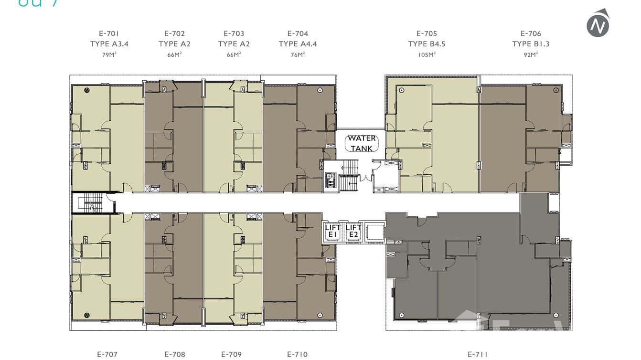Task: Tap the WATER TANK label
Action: pos(362,143)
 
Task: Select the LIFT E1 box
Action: pos(332,231)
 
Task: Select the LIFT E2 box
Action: pos(353,231)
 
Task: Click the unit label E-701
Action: pos(109,33)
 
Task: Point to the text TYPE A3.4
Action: pos(109,44)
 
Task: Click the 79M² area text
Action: pos(109,54)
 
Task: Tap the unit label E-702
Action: pos(174,33)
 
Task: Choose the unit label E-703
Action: pos(234,33)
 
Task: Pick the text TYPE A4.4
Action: pos(298,44)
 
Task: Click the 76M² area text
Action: pos(298,54)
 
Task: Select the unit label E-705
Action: pos(427,33)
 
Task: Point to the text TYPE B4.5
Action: pos(427,44)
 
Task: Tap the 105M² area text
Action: pos(427,54)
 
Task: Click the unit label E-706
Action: pos(531,33)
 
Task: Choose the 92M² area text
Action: pos(531,54)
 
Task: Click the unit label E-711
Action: pos(478,354)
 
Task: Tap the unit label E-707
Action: pos(107,354)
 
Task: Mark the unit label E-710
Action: pos(297,354)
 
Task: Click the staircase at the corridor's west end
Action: pos(92,203)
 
